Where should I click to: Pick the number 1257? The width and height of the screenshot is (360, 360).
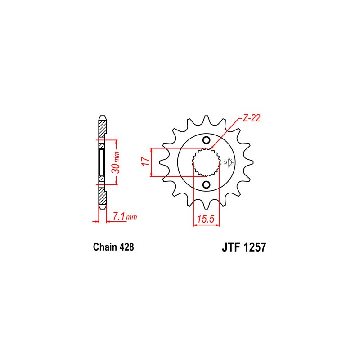tap(255, 247)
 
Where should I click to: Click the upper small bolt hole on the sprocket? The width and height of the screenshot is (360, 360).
tap(206, 139)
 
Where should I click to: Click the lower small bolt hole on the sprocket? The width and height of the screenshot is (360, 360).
tap(206, 184)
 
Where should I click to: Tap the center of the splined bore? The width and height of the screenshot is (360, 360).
tap(206, 162)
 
